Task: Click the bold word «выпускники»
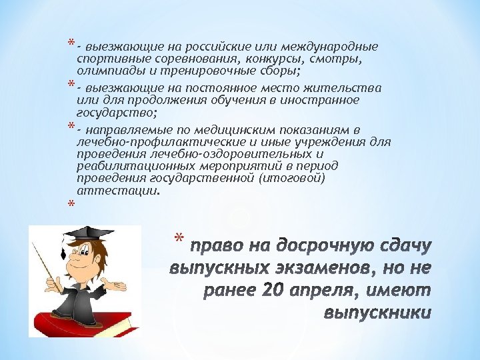pos(377,313)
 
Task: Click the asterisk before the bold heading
pos(177,239)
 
